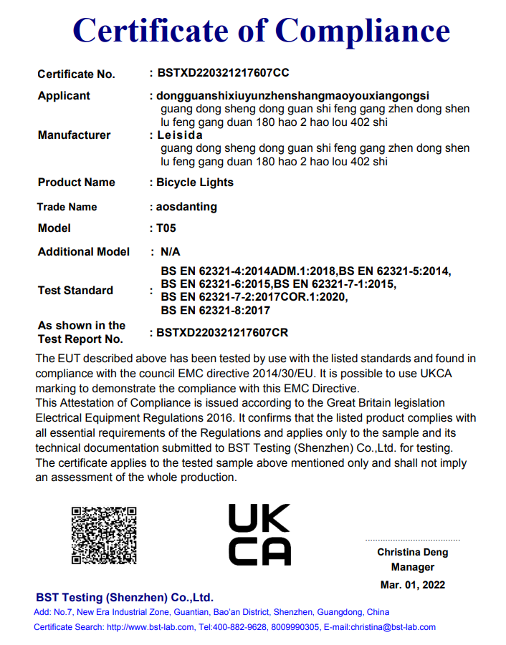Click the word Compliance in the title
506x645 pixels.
363,32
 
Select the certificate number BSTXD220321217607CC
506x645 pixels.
223,73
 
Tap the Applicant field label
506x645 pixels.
64,96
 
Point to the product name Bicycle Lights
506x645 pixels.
195,183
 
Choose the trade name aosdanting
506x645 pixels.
186,207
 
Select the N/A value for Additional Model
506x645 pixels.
171,252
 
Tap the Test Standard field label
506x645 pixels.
75,291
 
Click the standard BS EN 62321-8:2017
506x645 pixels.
216,310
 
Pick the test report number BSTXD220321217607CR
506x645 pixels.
223,333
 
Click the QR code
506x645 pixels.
104,535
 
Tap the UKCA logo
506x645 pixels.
259,535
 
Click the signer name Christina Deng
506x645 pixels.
413,552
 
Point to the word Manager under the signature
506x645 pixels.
413,567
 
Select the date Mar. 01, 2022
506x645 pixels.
413,585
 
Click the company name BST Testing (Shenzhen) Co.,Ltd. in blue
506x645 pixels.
125,598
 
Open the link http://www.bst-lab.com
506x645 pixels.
151,627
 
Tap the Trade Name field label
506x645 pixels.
67,207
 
